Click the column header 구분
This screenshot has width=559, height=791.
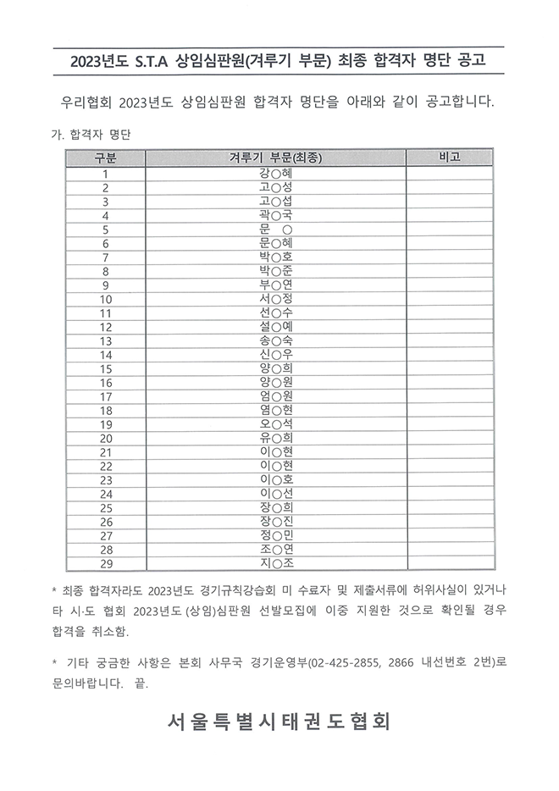pyautogui.click(x=106, y=158)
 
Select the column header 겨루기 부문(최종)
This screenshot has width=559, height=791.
pyautogui.click(x=276, y=158)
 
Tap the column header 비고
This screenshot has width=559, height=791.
pyautogui.click(x=450, y=158)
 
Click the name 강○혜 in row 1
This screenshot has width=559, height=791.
pyautogui.click(x=276, y=173)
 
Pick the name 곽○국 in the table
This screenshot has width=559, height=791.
pyautogui.click(x=276, y=215)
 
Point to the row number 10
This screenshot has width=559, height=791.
pyautogui.click(x=106, y=298)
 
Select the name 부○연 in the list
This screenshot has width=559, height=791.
pyautogui.click(x=276, y=285)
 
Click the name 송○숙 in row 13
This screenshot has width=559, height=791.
pyautogui.click(x=276, y=340)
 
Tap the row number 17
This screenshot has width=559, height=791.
pyautogui.click(x=106, y=396)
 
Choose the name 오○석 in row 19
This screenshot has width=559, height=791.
pyautogui.click(x=276, y=423)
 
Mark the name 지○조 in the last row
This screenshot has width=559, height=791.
pyautogui.click(x=276, y=562)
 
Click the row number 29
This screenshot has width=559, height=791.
pyautogui.click(x=106, y=562)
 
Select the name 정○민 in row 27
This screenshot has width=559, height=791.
pyautogui.click(x=276, y=534)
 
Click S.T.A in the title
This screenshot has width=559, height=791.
pyautogui.click(x=151, y=60)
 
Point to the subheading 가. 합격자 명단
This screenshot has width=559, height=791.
pyautogui.click(x=91, y=134)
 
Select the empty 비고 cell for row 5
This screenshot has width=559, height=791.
pyautogui.click(x=450, y=229)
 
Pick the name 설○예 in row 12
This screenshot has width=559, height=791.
pyautogui.click(x=276, y=326)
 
